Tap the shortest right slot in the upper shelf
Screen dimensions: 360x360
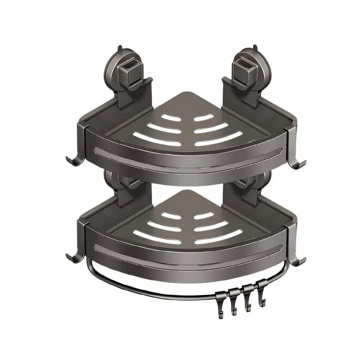(x=205, y=117)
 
